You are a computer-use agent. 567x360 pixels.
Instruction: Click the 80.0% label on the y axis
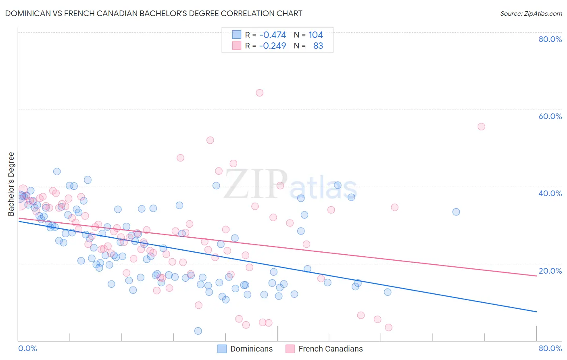click(x=550, y=39)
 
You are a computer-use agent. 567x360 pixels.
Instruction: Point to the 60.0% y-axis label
click(x=550, y=116)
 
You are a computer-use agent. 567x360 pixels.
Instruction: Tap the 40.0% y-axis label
click(x=550, y=193)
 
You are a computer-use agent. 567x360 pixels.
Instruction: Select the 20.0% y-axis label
click(x=550, y=271)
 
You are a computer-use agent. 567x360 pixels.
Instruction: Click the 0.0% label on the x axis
click(x=27, y=348)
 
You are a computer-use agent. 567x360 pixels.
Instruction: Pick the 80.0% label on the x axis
click(x=550, y=348)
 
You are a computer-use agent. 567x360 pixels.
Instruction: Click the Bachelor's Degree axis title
click(x=11, y=184)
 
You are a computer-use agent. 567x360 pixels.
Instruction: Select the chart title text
click(x=153, y=13)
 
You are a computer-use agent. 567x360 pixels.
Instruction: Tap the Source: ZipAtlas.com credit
click(x=531, y=13)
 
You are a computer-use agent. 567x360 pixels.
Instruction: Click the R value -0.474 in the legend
click(x=273, y=35)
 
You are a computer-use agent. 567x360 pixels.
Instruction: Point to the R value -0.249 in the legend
click(x=273, y=46)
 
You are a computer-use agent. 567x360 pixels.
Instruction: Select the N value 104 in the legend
click(x=316, y=35)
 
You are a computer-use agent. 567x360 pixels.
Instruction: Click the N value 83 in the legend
click(x=318, y=46)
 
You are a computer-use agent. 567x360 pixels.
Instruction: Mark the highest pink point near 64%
click(x=260, y=93)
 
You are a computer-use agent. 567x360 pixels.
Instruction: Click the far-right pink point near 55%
click(x=481, y=127)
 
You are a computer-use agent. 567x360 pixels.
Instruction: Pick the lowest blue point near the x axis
click(x=198, y=331)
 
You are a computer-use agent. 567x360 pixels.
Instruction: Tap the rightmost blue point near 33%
click(x=456, y=212)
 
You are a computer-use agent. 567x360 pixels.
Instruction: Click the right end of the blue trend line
click(x=536, y=312)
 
